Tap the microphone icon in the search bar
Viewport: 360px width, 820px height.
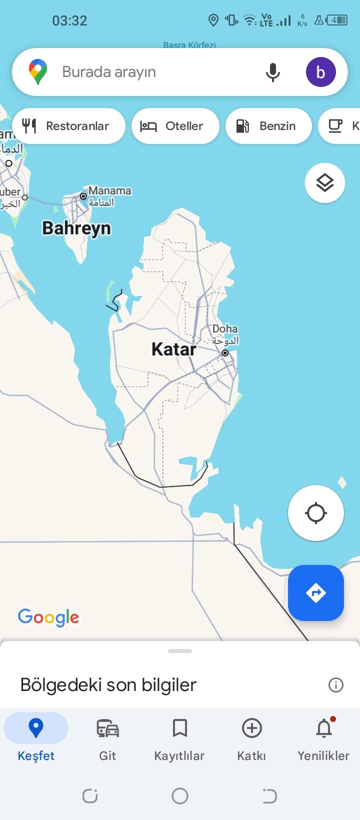point(272,72)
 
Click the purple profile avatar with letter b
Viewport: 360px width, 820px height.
point(320,72)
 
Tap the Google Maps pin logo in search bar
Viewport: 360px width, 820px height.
point(38,71)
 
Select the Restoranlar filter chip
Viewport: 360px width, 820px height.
point(68,126)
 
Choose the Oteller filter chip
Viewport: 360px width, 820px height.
point(175,126)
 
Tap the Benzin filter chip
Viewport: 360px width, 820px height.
point(268,126)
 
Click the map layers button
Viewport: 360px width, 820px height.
point(325,183)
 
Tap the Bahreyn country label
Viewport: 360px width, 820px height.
point(76,228)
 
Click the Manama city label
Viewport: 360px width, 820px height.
point(109,190)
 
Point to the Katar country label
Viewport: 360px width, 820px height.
point(173,349)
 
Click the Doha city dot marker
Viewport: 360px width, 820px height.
point(225,353)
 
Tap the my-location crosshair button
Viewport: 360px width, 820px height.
point(316,513)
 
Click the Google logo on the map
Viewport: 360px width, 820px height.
point(48,617)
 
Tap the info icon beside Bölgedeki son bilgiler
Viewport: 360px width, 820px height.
point(335,684)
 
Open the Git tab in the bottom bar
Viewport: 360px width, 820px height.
point(107,738)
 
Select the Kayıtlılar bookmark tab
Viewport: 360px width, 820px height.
point(179,738)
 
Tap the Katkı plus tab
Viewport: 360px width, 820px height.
point(251,738)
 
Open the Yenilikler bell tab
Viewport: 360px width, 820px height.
point(323,738)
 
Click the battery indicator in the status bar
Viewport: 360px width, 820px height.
point(337,20)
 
